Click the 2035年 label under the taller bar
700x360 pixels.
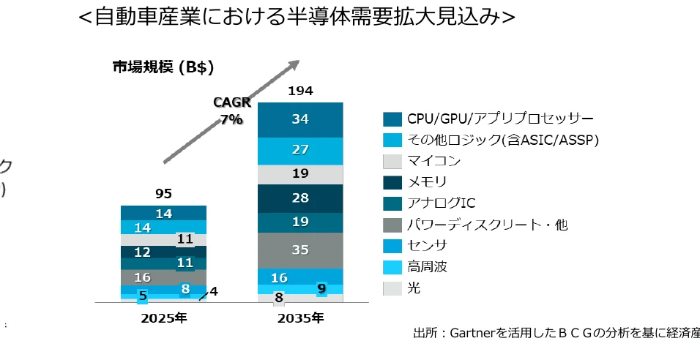[299, 318]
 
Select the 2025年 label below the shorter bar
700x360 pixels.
[163, 318]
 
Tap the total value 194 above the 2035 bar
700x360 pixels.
[300, 91]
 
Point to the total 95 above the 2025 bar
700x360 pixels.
[163, 194]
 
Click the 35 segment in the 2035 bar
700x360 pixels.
[300, 250]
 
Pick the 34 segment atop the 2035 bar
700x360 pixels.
[300, 119]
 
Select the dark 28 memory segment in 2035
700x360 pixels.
[300, 198]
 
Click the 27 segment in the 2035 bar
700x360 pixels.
[300, 150]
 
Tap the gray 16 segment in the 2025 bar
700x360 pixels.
[142, 277]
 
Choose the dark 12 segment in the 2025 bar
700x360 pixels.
[142, 252]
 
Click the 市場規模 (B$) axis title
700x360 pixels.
[163, 67]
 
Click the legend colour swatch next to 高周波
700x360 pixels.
[392, 267]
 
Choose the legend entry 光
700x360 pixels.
[414, 288]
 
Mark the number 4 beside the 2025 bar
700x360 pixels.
[213, 291]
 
